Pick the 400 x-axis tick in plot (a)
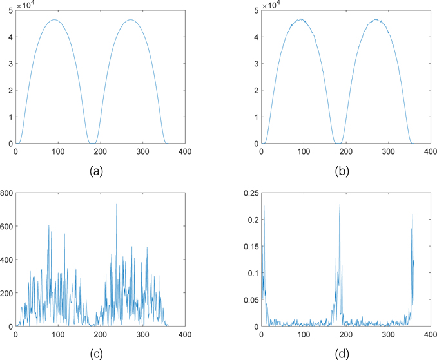184,152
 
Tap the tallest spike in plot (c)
117,204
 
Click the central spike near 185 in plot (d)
340,205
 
